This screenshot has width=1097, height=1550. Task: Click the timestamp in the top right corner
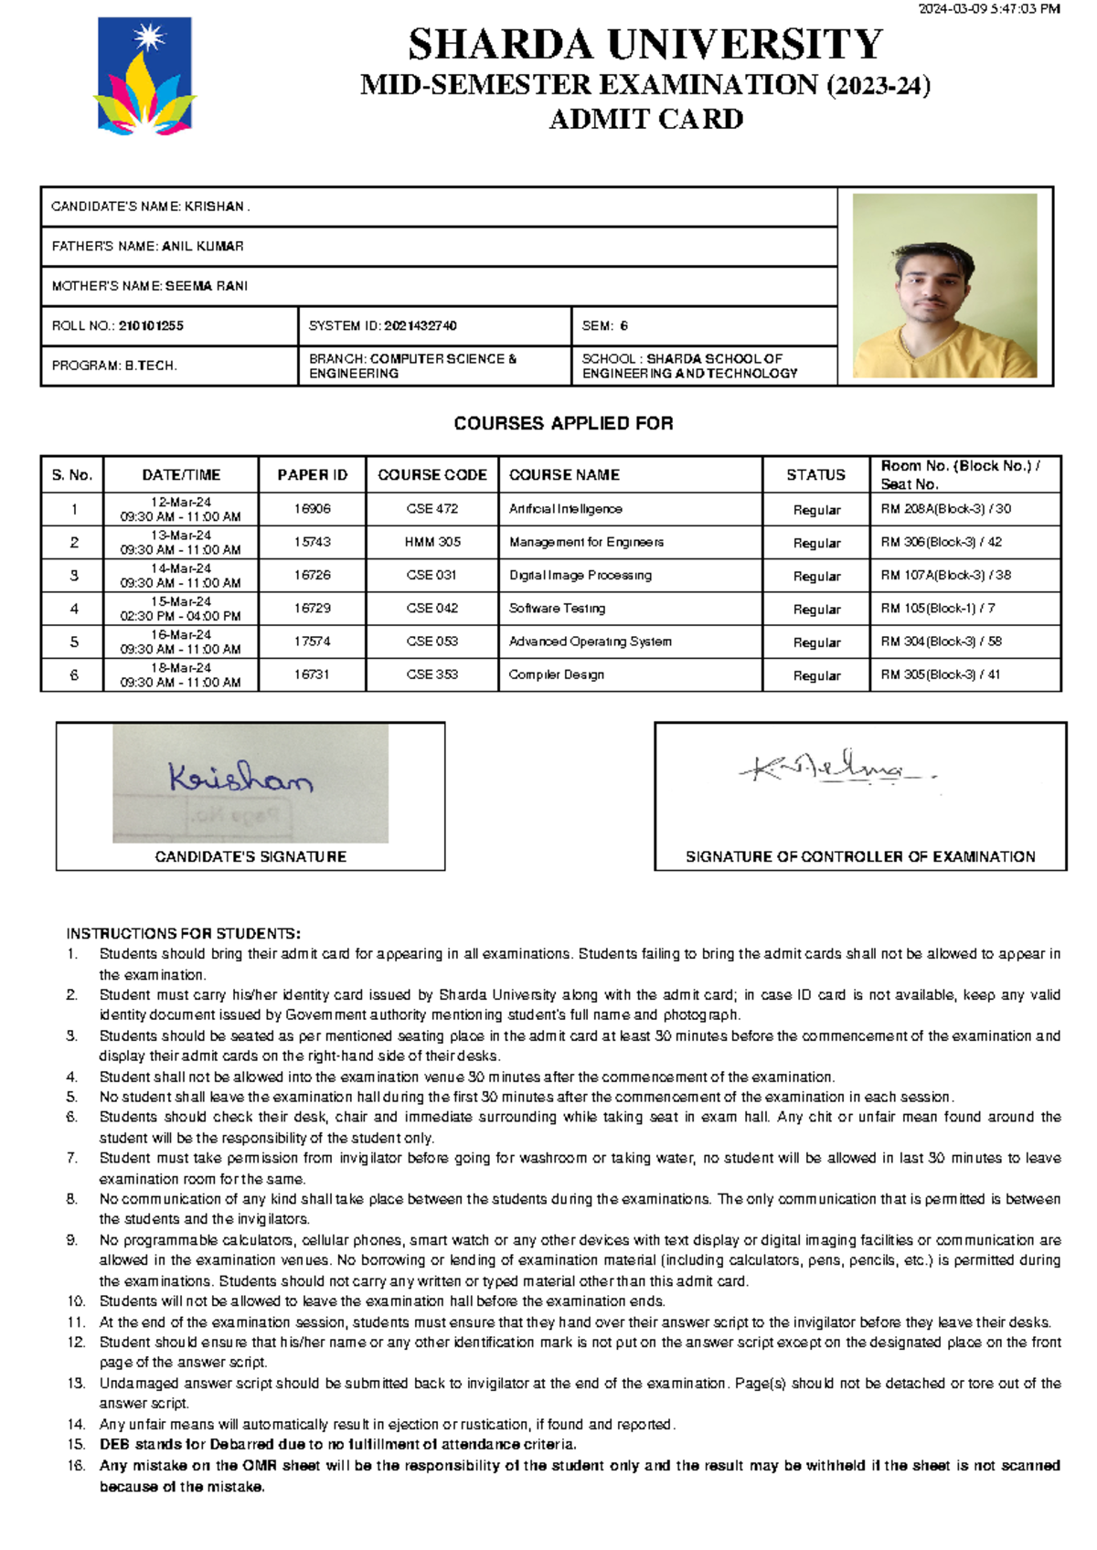[988, 9]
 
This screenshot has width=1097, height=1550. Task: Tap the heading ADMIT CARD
[645, 119]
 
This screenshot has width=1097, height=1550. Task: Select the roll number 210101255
[151, 325]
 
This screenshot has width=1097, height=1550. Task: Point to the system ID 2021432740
[420, 325]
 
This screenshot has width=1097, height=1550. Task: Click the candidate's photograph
[944, 285]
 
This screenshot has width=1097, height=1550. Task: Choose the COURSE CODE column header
[431, 474]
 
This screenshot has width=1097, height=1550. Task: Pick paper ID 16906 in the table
[312, 509]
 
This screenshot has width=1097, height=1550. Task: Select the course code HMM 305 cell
[432, 542]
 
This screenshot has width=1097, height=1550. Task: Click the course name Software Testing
[557, 609]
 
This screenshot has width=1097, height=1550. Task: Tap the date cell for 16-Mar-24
[180, 642]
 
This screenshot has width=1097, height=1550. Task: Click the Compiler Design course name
[556, 674]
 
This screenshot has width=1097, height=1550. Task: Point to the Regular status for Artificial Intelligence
[816, 510]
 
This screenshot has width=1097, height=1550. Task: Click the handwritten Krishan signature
[240, 778]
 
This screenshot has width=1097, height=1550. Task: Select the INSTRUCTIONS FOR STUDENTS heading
[183, 933]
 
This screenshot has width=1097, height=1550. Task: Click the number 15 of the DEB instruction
[76, 1445]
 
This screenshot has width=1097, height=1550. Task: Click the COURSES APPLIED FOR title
[563, 423]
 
